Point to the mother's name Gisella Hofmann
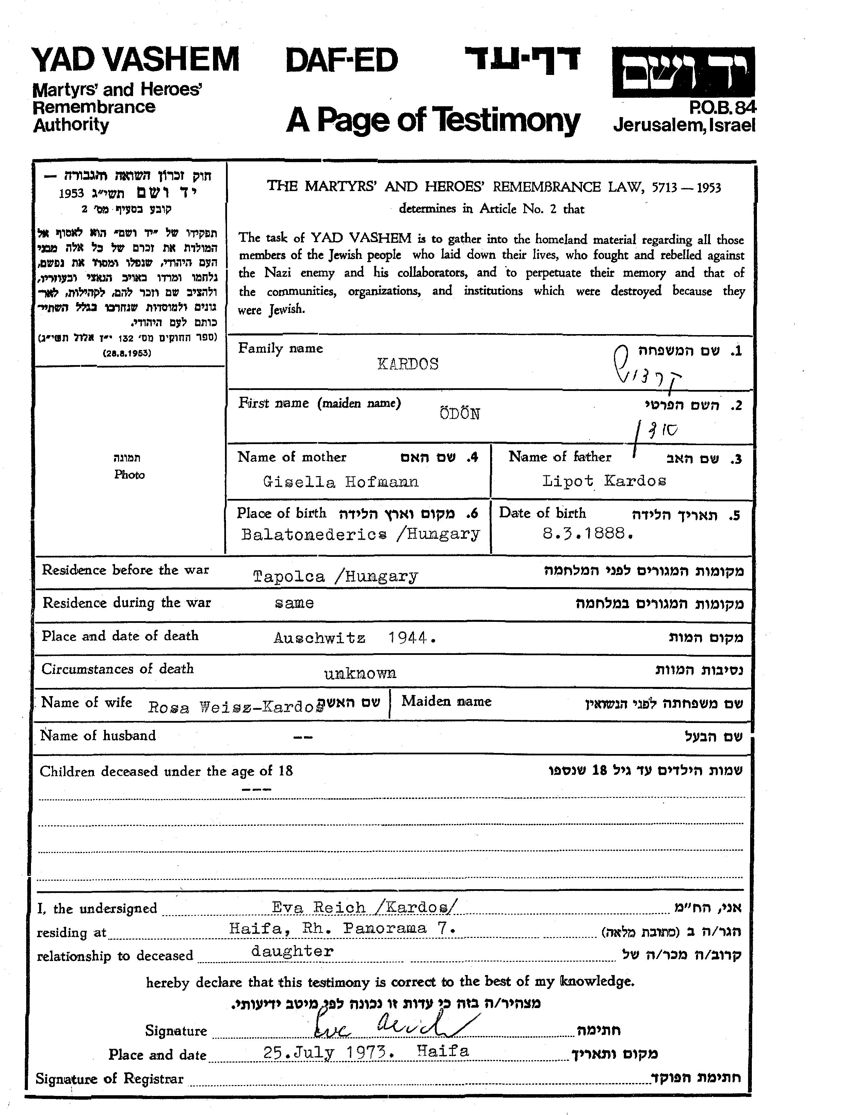pyautogui.click(x=341, y=482)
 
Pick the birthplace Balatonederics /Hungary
pyautogui.click(x=360, y=533)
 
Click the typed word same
pyautogui.click(x=295, y=603)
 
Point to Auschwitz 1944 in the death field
pyautogui.click(x=354, y=638)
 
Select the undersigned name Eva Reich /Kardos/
pyautogui.click(x=365, y=908)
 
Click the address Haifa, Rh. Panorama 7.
pyautogui.click(x=343, y=928)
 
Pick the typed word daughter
pyautogui.click(x=292, y=952)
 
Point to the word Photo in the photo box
pyautogui.click(x=129, y=474)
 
